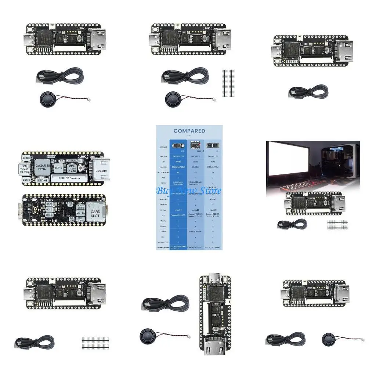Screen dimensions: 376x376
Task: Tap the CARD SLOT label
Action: [x=95, y=214]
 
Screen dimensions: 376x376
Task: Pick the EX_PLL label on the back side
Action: [x=80, y=212]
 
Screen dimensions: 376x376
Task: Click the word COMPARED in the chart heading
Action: [x=189, y=131]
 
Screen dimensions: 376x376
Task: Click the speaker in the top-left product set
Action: [x=48, y=98]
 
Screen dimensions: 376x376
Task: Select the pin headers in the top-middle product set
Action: [x=227, y=83]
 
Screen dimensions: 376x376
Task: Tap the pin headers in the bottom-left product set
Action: [x=95, y=342]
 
